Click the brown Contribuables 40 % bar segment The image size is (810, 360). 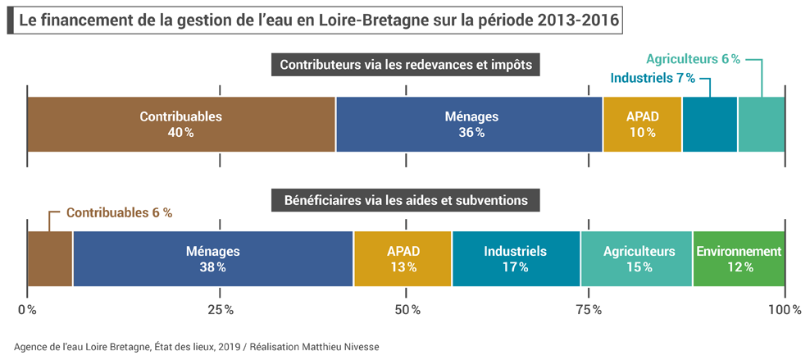[181, 124]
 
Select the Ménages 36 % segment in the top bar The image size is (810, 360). [469, 124]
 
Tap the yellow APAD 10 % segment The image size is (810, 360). [642, 124]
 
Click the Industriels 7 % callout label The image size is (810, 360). [653, 78]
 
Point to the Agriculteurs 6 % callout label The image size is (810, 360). [693, 59]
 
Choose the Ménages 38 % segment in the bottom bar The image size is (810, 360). [212, 258]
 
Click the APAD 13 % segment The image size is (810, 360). [403, 258]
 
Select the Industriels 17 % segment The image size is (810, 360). [515, 258]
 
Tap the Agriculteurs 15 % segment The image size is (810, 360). [636, 258]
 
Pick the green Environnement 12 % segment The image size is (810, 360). [739, 258]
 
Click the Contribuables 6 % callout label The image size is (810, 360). [119, 212]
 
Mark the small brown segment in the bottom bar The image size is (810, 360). [50, 258]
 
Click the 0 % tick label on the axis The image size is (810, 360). [27, 310]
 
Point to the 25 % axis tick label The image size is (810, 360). [219, 310]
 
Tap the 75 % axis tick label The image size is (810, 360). [588, 310]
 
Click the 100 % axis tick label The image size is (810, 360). [785, 310]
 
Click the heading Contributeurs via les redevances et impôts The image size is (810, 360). [406, 65]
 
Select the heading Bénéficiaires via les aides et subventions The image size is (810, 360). [406, 199]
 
